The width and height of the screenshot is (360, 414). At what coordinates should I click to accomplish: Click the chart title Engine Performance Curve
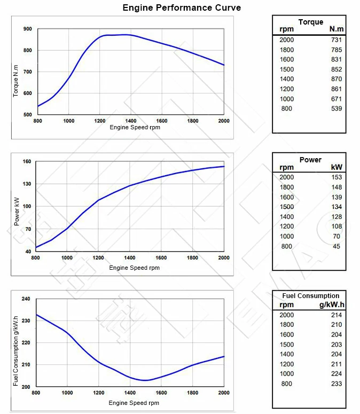tap(182, 7)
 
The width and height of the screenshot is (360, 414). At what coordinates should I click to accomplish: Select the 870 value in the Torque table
tap(336, 79)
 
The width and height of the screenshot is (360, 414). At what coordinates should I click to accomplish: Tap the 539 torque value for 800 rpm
tap(336, 109)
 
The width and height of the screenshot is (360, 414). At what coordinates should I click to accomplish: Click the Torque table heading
tap(310, 22)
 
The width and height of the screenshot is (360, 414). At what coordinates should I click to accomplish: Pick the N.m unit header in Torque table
tap(336, 29)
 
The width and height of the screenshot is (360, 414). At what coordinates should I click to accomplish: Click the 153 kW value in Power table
tap(336, 177)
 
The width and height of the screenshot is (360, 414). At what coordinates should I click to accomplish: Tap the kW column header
tap(337, 168)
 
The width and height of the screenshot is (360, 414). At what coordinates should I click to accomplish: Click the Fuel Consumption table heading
tap(310, 296)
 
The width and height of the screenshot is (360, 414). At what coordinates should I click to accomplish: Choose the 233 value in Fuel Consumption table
tap(336, 384)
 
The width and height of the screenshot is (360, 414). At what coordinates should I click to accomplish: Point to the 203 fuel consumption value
tap(336, 345)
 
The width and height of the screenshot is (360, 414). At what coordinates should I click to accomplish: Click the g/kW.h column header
tap(331, 304)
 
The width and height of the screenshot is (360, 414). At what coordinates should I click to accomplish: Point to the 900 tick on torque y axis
tap(27, 29)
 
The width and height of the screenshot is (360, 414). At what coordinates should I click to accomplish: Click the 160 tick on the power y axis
tap(27, 161)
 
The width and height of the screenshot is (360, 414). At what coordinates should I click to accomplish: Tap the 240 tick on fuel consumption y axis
tap(26, 299)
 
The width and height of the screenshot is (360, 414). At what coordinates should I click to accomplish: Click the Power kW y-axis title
tap(17, 210)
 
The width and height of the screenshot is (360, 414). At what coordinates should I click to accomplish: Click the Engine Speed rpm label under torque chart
tap(135, 128)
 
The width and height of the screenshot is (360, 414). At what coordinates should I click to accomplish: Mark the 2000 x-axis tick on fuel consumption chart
tap(224, 393)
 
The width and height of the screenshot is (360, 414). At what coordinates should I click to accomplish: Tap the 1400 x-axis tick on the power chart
tap(130, 257)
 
